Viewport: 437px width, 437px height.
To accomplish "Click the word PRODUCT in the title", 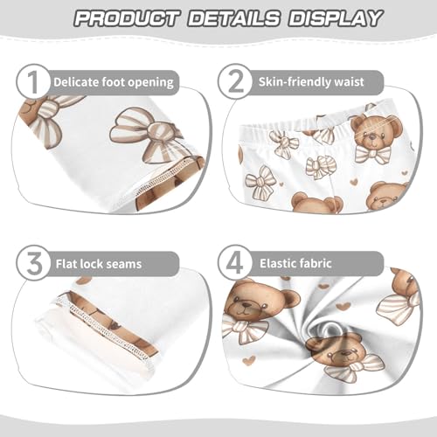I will tap(125, 18).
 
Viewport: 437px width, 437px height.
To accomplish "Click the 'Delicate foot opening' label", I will tap(113, 83).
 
